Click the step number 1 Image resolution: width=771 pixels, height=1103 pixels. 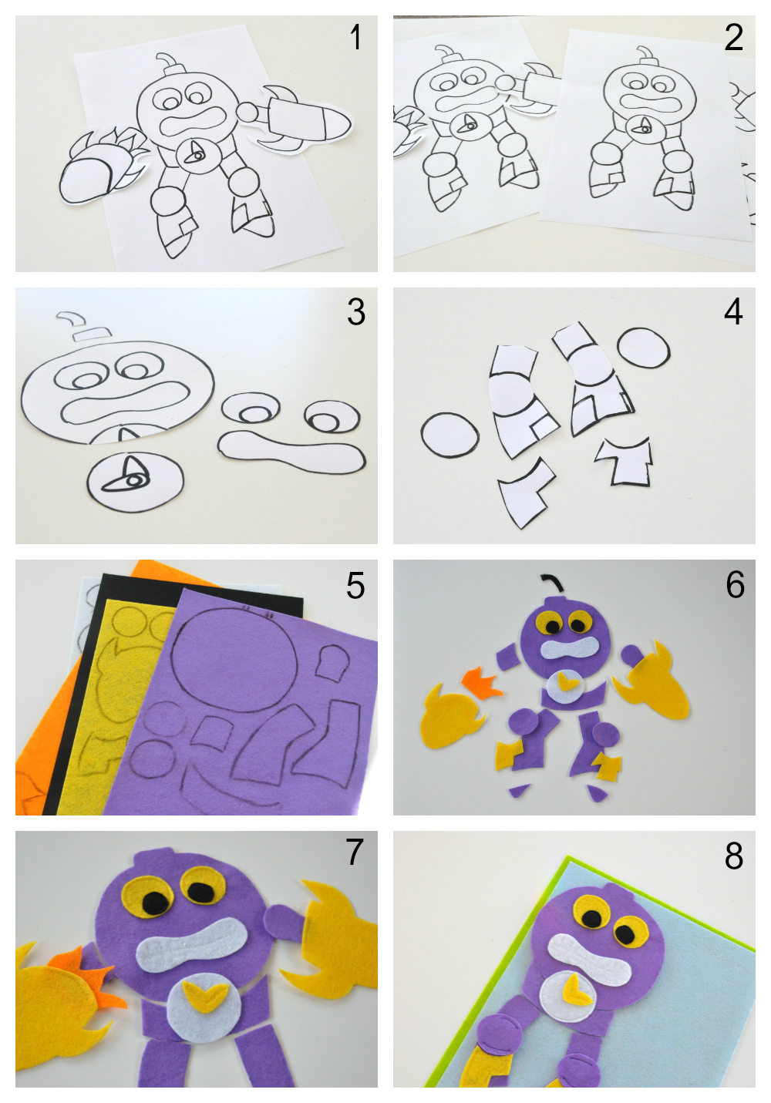355,38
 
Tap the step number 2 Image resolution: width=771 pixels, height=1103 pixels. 733,38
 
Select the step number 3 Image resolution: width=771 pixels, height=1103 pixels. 355,311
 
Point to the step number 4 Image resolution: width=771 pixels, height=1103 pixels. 733,311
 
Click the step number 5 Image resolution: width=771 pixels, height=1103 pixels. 355,586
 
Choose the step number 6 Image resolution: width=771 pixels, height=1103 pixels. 735,586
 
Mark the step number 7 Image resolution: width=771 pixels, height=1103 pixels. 355,852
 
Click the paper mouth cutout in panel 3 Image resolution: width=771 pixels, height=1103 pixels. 291,450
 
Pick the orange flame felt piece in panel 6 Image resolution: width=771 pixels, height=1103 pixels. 483,682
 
